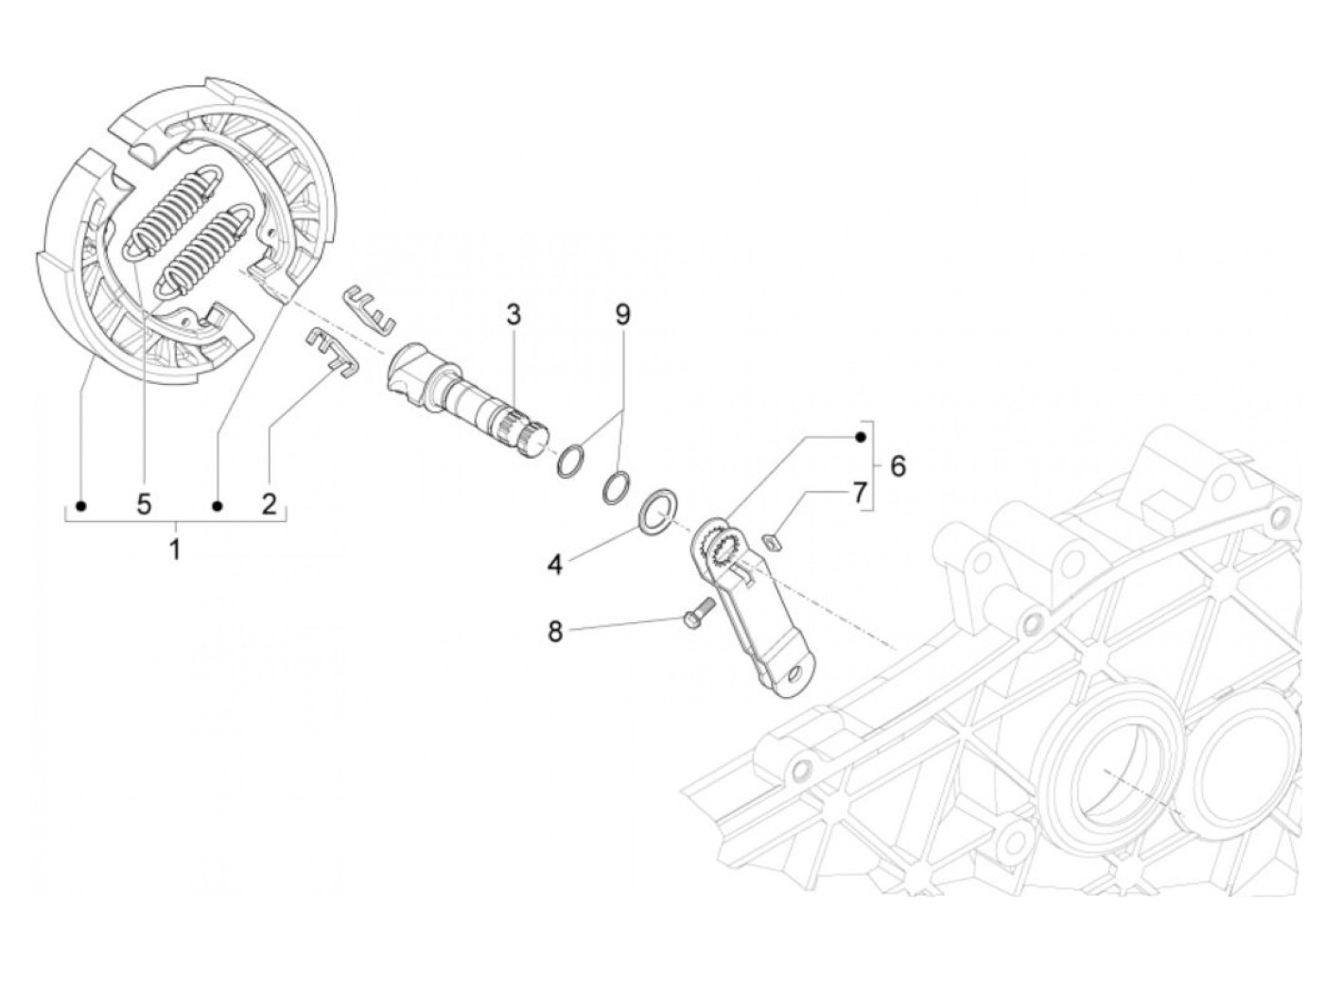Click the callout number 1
tap(175, 548)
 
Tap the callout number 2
tap(270, 503)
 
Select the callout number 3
tap(513, 315)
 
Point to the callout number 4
tap(555, 566)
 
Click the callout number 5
tap(144, 503)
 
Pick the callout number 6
tap(897, 466)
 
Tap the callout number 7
tap(859, 493)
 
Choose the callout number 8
tap(555, 631)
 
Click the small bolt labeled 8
tap(696, 615)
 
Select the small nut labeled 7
tap(771, 542)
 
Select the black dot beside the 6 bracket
tap(860, 437)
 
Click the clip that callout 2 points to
tap(330, 350)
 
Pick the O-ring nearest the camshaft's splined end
tap(569, 462)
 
